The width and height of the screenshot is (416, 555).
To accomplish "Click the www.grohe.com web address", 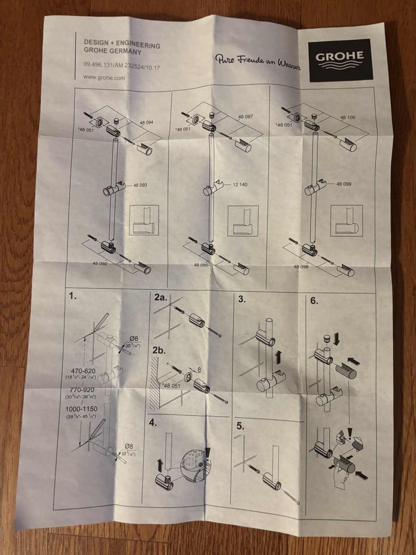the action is point(104,78).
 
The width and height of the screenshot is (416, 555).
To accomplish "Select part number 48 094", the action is point(146,122).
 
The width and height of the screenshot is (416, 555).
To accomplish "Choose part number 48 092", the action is point(100,264).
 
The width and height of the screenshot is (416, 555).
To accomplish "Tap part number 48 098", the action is point(301,267).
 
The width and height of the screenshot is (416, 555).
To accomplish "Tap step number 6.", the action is point(314,301).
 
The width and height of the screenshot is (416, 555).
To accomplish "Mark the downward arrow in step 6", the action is point(336,339).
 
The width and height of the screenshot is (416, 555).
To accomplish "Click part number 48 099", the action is point(344,184).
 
